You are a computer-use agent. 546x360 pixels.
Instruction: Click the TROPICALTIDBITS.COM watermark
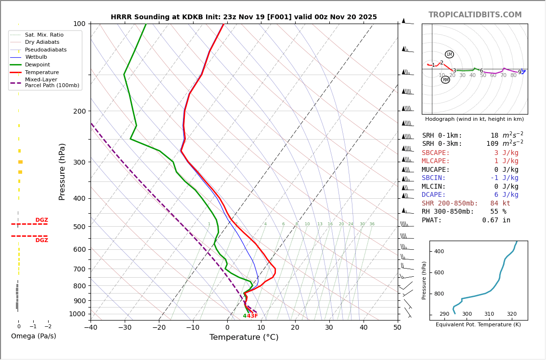pos(475,15)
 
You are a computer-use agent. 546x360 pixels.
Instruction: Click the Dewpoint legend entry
pos(37,64)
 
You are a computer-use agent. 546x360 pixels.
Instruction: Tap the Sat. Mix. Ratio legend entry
pos(44,35)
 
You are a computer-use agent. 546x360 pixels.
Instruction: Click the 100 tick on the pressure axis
pos(79,24)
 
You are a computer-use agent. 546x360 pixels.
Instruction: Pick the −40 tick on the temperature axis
pos(91,328)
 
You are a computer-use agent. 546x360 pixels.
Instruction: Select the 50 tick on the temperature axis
pos(397,328)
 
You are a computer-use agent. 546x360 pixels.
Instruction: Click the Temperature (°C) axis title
pos(244,337)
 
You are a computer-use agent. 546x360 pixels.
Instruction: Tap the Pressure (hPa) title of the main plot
pos(62,171)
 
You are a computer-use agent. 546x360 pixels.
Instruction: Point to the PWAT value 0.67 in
pos(496,220)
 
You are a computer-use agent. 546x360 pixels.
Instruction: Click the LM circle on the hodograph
pos(449,54)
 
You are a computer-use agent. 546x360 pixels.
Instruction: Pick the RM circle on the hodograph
pos(445,80)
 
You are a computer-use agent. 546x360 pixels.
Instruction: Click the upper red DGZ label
pos(41,220)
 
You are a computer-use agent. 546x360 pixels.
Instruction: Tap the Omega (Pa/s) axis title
pos(33,336)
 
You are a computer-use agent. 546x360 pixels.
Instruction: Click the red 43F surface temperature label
pos(252,316)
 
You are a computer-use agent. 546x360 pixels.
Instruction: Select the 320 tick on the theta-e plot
pos(511,314)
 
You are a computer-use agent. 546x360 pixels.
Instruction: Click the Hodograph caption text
pos(474,119)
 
